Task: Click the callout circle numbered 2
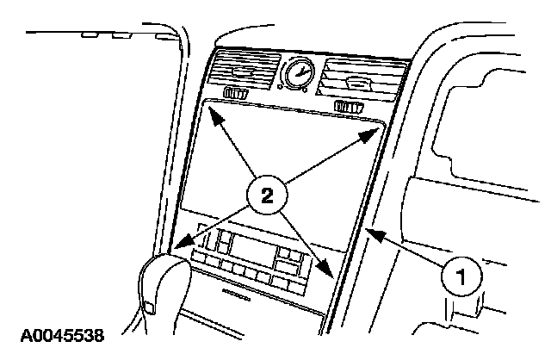(265, 196)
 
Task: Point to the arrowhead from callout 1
(368, 230)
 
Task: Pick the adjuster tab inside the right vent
(356, 83)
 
